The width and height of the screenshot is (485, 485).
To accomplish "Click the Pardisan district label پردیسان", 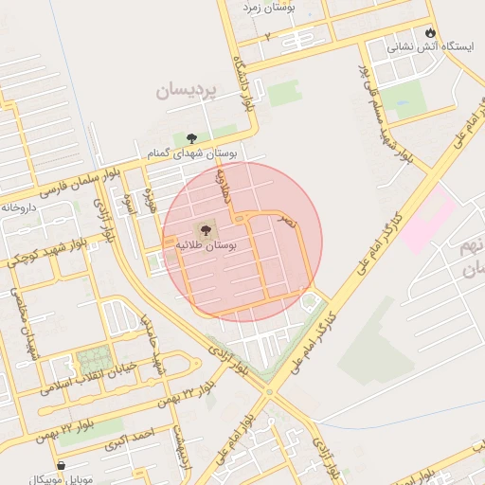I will (187, 92).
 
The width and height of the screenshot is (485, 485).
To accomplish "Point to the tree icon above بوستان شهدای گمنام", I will (192, 137).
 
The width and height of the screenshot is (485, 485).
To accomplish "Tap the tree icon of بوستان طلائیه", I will (205, 229).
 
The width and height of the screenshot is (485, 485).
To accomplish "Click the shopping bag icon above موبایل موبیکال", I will (62, 466).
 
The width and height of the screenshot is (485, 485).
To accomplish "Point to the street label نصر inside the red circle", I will (287, 220).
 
